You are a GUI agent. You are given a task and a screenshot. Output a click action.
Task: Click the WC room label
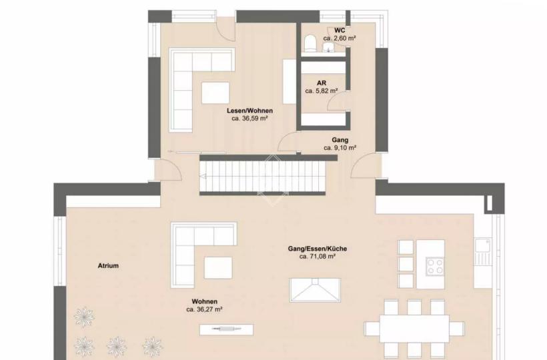coord(340,30)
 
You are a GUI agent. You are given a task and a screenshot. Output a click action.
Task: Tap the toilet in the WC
coord(310,43)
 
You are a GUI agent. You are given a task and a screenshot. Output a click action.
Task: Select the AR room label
coord(322,83)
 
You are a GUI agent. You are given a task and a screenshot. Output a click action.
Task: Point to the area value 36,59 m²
coord(249,119)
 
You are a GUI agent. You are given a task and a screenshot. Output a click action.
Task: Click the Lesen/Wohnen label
coord(249,111)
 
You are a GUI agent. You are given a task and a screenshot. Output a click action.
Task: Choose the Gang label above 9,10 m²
coord(340,140)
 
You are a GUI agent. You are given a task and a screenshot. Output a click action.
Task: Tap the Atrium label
coord(108,265)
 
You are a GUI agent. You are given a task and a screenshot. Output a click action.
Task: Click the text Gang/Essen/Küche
coord(318,249)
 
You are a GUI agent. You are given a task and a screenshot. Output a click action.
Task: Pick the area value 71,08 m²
coord(318,257)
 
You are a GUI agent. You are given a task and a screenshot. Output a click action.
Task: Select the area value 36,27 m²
coord(204,309)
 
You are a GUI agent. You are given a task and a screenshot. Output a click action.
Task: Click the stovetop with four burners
coord(435,266)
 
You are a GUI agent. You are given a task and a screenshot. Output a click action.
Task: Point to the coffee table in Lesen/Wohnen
coord(215,93)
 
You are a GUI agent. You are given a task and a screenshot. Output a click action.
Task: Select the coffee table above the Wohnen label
coord(218,267)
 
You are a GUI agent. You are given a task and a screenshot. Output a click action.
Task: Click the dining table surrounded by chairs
coord(414,329)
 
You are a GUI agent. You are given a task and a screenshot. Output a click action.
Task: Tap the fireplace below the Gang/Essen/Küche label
coord(315,290)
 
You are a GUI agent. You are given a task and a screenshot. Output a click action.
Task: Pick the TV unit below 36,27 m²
coord(226,329)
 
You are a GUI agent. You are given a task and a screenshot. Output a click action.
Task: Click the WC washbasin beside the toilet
coord(328,47)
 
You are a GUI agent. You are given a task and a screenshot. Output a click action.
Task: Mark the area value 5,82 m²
coord(322,91)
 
